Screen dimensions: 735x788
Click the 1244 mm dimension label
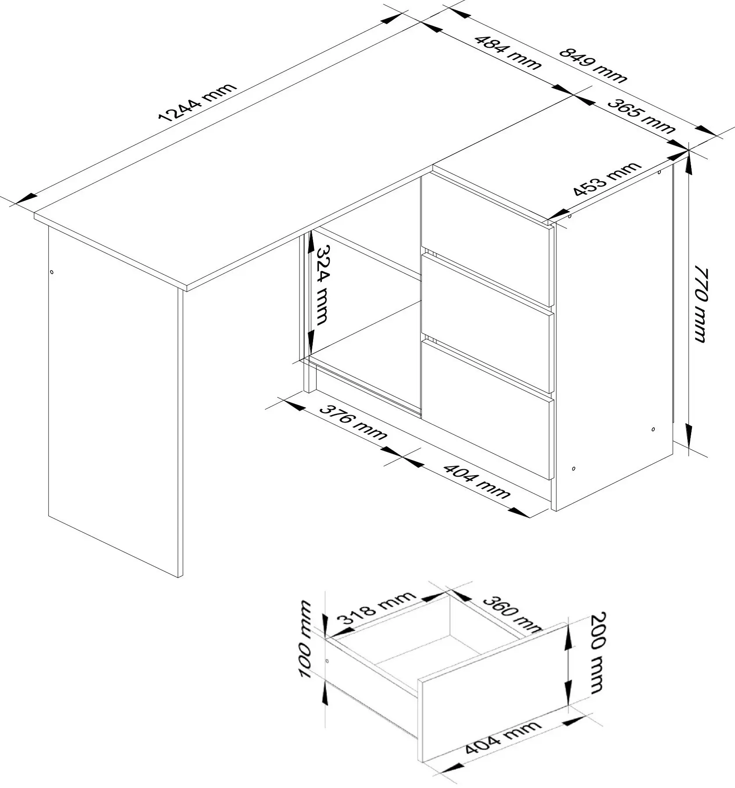pos(197,102)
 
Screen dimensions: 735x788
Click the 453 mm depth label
pos(607,179)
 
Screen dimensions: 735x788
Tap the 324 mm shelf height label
pos(321,285)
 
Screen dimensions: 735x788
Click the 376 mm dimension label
pos(353,422)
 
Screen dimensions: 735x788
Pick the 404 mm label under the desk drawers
pos(477,481)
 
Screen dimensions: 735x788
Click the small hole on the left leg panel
pos(52,272)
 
